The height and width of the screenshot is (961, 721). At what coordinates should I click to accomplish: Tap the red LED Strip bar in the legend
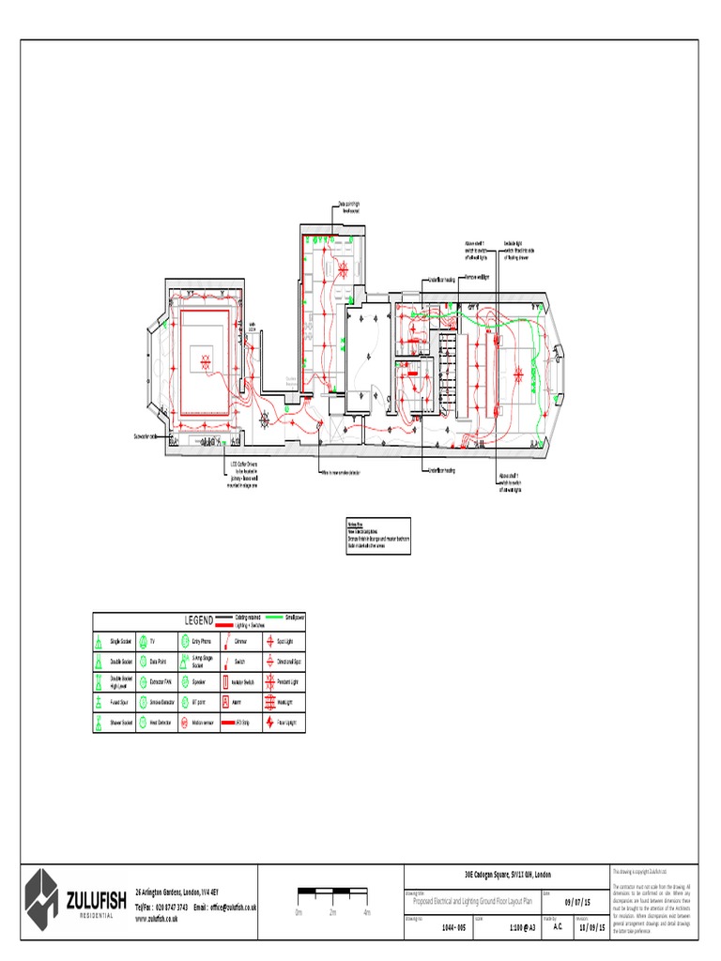[223, 724]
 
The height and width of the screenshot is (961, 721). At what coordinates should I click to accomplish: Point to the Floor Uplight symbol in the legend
[271, 724]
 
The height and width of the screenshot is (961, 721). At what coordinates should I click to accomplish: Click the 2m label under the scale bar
[332, 912]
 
